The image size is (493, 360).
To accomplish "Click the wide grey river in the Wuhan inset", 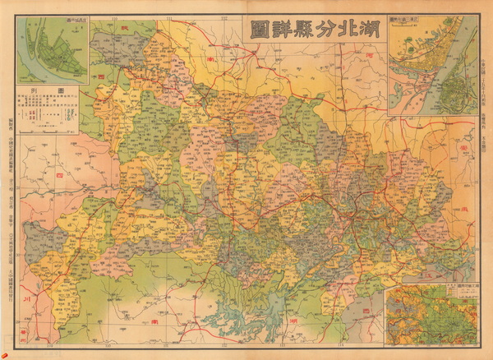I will pos(444,78).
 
